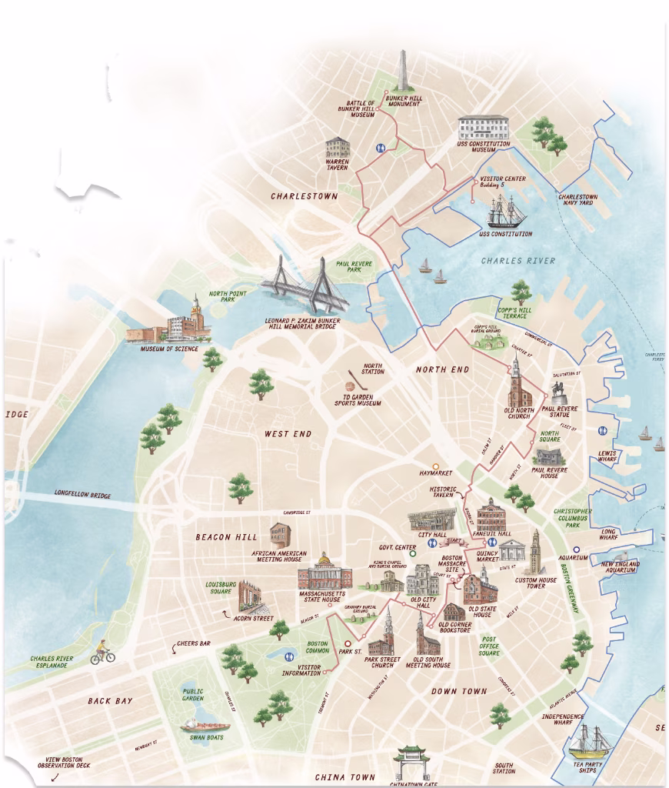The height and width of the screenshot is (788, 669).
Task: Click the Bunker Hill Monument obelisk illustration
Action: (403, 74)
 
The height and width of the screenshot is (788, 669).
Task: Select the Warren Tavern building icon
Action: (338, 148)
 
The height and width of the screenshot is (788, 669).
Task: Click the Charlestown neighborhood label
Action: (305, 196)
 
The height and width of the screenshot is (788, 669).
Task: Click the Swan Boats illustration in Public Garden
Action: (205, 725)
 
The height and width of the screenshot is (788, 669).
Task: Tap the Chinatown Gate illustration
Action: (412, 761)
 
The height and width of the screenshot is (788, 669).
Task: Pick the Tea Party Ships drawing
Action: (591, 742)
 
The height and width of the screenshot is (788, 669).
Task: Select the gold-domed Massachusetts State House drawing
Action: (325, 573)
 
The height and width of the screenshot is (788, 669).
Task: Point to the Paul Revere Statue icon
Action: (561, 389)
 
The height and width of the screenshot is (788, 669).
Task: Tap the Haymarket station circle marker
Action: (436, 466)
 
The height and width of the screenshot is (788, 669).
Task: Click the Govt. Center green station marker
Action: (412, 553)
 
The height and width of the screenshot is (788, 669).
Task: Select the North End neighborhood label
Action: (442, 369)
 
